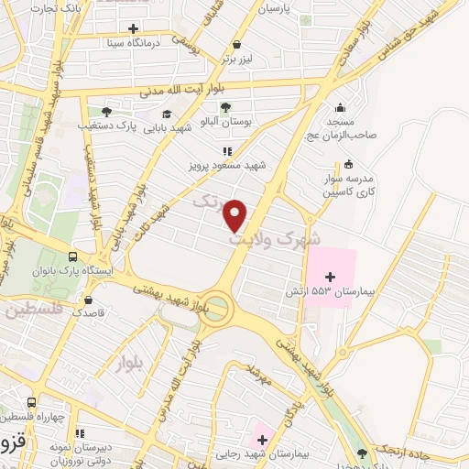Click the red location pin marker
tap(236, 215)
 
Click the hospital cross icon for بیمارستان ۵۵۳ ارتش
tap(330, 275)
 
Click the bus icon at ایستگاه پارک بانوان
tap(71, 257)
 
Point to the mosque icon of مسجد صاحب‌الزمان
tap(341, 107)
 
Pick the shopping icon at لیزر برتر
tap(237, 44)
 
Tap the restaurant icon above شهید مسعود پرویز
tap(226, 151)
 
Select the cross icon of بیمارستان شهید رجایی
tap(263, 441)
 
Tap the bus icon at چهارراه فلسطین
tap(33, 403)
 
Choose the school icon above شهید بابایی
tap(166, 114)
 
